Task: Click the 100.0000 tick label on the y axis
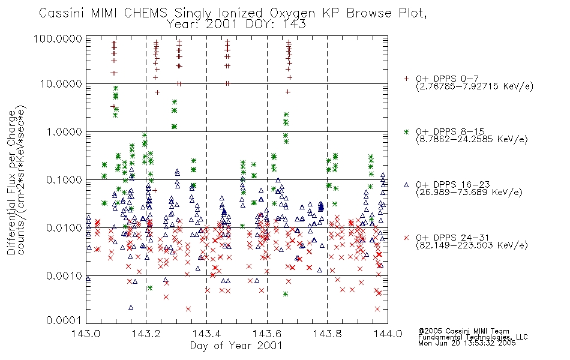pyautogui.click(x=58, y=38)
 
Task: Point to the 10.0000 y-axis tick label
pyautogui.click(x=61, y=84)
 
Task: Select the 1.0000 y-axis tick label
pyautogui.click(x=64, y=131)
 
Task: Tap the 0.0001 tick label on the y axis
pyautogui.click(x=64, y=320)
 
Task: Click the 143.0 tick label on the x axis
pyautogui.click(x=86, y=334)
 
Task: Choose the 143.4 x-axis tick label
pyautogui.click(x=207, y=334)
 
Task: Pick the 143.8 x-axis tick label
pyautogui.click(x=328, y=334)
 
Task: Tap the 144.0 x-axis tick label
pyautogui.click(x=388, y=334)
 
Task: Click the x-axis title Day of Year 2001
pyautogui.click(x=236, y=346)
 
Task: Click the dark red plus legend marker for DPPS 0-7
pyautogui.click(x=406, y=79)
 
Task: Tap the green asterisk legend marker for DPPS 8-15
pyautogui.click(x=406, y=131)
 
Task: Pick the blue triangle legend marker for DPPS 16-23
pyautogui.click(x=406, y=185)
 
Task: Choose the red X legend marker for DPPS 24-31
pyautogui.click(x=406, y=238)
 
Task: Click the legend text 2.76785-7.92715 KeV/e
pyautogui.click(x=475, y=86)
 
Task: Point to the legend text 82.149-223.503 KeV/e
pyautogui.click(x=472, y=245)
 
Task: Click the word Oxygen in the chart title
pyautogui.click(x=292, y=13)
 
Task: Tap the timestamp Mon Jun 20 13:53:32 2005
pyautogui.click(x=467, y=343)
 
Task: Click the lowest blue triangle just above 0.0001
pyautogui.click(x=131, y=307)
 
